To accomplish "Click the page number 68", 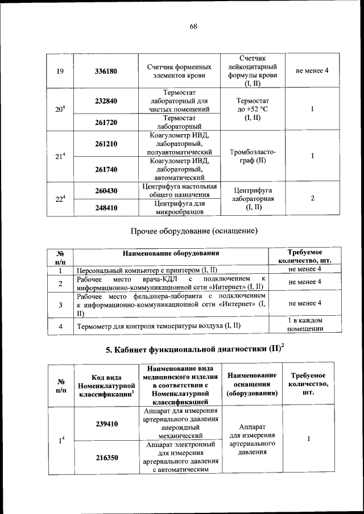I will pos(193,27).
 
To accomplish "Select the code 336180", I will pos(106,72).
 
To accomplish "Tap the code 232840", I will pos(106,101).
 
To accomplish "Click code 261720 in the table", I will pos(106,123).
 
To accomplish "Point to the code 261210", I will pos(106,144).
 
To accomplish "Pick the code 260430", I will pos(106,191).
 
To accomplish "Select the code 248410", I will pos(106,208).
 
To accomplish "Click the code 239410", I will pos(106,424).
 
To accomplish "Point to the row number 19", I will pos(60,72).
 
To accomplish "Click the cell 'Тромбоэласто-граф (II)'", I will pos(253,156).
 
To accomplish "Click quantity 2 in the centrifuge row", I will pos(313,199).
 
